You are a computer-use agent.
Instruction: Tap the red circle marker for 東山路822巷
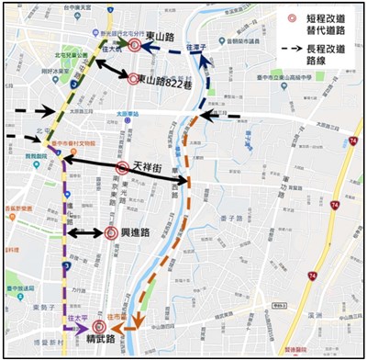(134, 79)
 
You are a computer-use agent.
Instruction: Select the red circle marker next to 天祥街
(123, 168)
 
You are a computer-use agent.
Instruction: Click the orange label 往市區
(117, 314)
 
